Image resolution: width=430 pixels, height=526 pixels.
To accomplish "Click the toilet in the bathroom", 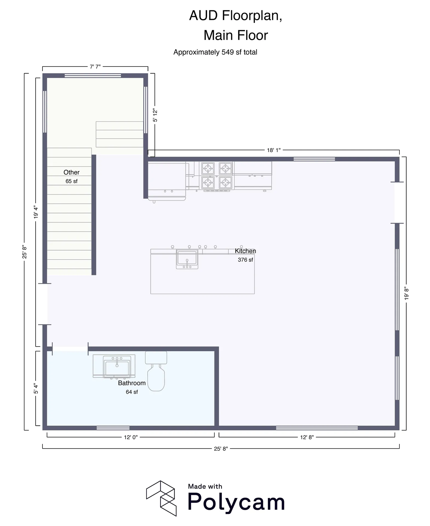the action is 156,371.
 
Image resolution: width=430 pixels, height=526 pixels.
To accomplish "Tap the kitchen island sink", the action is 187,259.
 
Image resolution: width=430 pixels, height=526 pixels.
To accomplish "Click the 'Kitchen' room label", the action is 245,251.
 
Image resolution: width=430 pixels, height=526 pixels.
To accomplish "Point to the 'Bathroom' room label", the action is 132,383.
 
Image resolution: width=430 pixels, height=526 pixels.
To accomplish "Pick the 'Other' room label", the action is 71,172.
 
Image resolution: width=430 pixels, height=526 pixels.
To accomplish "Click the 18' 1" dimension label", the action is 274,150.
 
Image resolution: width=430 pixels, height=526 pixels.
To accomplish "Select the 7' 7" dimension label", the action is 95,67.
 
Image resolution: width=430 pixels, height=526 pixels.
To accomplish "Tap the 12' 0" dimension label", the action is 131,438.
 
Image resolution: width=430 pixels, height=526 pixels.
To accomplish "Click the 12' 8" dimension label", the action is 307,438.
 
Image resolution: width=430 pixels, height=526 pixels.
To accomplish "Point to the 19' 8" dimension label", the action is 406,293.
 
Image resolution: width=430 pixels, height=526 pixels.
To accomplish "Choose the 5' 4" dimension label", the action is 36,388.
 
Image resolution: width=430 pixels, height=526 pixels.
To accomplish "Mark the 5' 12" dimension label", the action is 155,115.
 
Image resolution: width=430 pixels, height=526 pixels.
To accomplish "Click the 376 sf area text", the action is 245,260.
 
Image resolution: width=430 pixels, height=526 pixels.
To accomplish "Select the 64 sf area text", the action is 132,392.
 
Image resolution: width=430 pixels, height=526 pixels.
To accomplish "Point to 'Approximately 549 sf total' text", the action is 215,52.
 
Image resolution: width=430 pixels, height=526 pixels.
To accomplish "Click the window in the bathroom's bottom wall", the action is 113,428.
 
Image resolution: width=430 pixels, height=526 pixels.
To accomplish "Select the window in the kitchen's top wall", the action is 314,159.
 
